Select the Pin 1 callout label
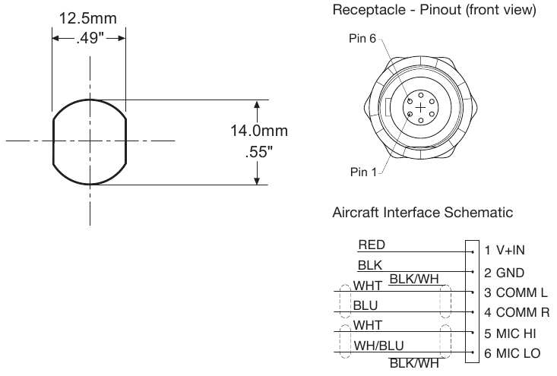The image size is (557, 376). coord(362,172)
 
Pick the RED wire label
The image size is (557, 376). coord(371,245)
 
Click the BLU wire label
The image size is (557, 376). coord(366,306)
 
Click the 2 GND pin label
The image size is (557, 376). coord(505,272)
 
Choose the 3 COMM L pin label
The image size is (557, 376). coord(516,292)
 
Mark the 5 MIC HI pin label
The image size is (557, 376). coord(512,333)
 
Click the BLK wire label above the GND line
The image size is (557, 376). coord(369,265)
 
